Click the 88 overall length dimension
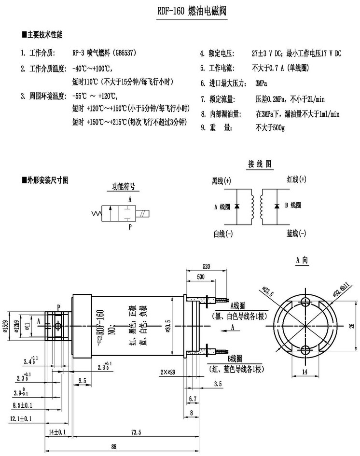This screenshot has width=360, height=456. pyautogui.click(x=114, y=446)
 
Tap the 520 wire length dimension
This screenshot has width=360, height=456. pyautogui.click(x=207, y=266)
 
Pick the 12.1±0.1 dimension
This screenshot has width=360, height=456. pyautogui.click(x=20, y=419)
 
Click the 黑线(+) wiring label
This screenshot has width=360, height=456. pyautogui.click(x=222, y=181)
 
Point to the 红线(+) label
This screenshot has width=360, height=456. pyautogui.click(x=296, y=179)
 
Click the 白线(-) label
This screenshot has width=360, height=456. pyautogui.click(x=223, y=234)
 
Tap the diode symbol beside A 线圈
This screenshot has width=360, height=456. pyautogui.click(x=236, y=207)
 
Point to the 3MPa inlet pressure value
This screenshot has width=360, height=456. pyautogui.click(x=262, y=83)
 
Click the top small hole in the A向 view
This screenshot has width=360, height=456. pyautogui.click(x=305, y=302)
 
